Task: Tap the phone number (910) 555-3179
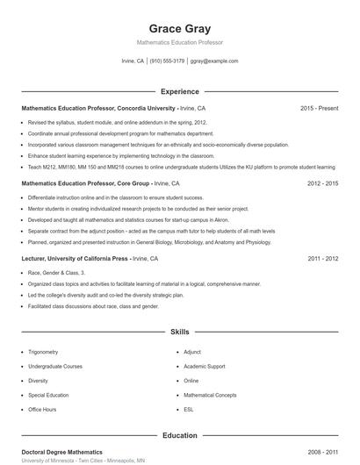point(167,61)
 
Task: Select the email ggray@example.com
point(214,61)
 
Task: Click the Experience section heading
point(179,91)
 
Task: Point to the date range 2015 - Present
point(319,108)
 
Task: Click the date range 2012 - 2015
point(322,183)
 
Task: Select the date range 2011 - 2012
point(322,260)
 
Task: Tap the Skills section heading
point(179,333)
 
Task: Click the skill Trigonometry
point(43,351)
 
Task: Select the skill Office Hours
point(42,410)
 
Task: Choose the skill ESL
point(188,410)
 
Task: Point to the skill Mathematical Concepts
point(210,395)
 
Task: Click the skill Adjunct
point(192,351)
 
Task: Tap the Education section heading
point(179,435)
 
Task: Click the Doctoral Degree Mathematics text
point(61,452)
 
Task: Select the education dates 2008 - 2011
point(322,452)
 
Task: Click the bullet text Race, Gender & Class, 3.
point(49,274)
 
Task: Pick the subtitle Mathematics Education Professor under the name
point(179,42)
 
